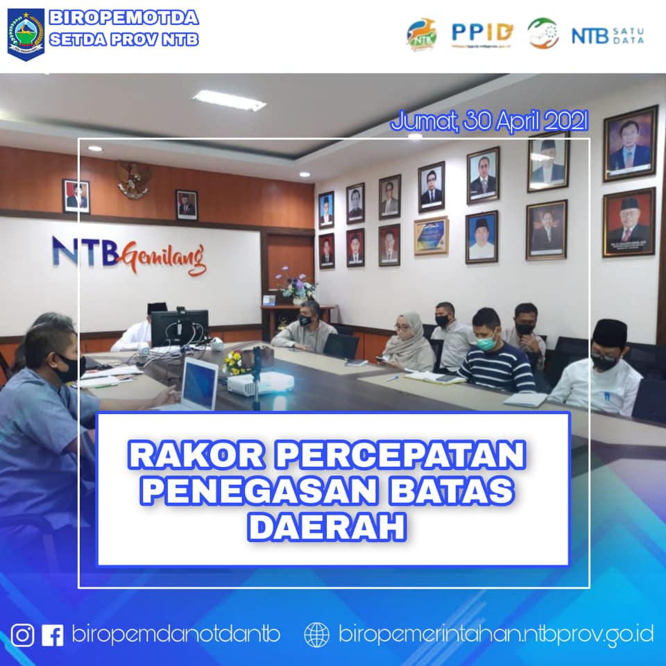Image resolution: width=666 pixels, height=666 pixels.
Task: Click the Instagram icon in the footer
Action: (22, 635)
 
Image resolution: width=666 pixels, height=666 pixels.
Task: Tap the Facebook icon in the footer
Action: (53, 635)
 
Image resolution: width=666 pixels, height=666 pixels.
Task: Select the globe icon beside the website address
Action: (317, 635)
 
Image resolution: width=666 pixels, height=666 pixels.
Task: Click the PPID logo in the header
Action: (482, 32)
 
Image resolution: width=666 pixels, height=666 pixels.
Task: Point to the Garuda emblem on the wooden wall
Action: (134, 179)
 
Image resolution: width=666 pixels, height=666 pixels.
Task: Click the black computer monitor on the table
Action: (179, 327)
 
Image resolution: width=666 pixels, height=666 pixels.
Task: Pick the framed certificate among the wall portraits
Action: (431, 236)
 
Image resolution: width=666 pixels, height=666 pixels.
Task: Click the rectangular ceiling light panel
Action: (229, 101)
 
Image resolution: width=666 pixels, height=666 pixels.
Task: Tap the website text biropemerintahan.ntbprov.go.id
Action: (495, 634)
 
